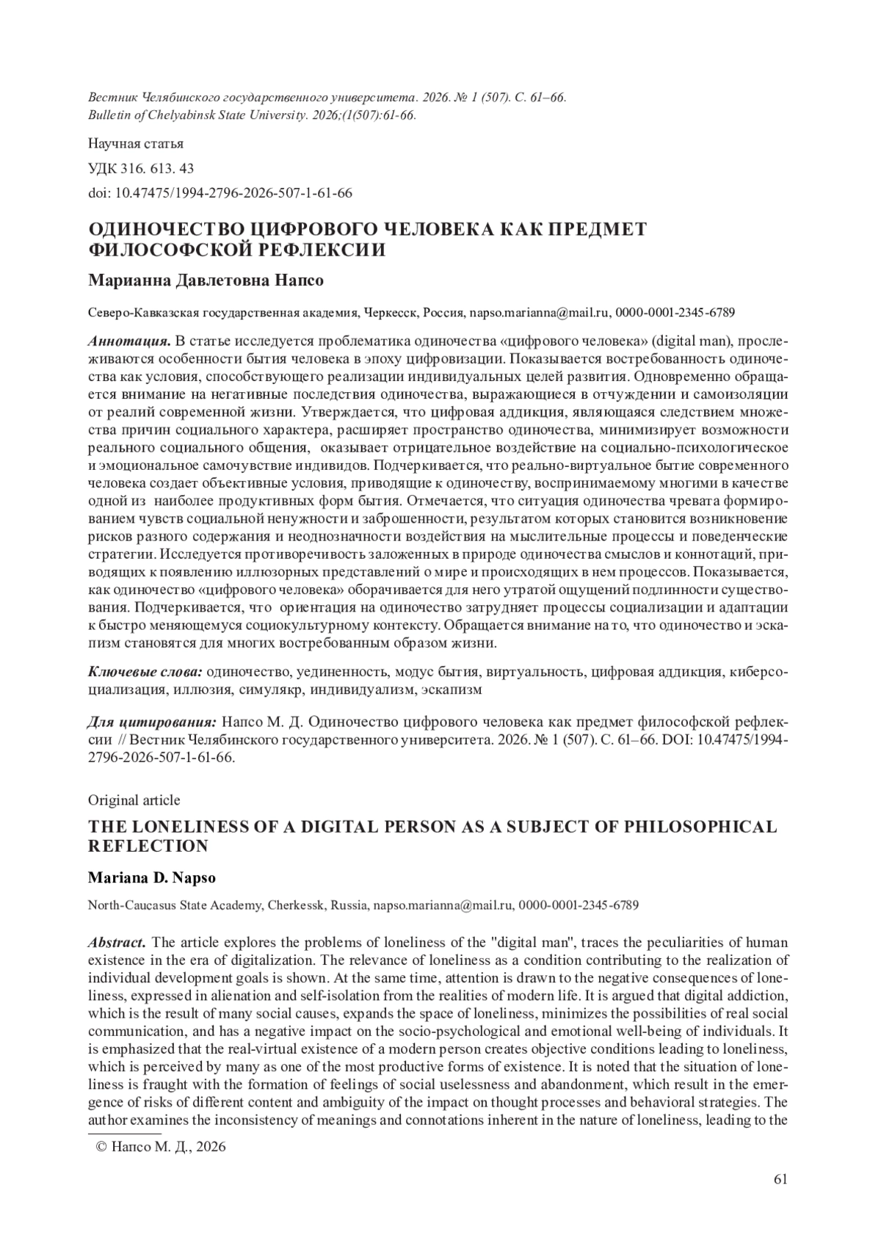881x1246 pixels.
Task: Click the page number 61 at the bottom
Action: coord(780,1178)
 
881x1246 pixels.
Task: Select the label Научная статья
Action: coord(135,143)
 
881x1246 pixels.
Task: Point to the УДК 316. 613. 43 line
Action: coord(141,168)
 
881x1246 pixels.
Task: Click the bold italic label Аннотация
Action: coord(129,341)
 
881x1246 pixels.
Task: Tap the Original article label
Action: coord(134,800)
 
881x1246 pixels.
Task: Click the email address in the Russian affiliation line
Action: coord(539,313)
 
